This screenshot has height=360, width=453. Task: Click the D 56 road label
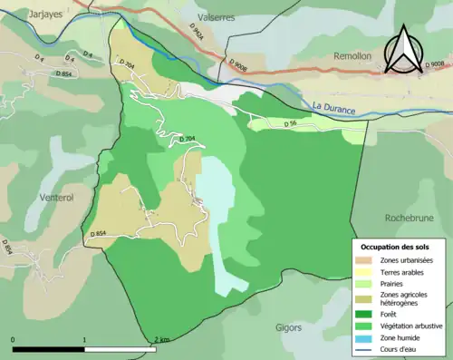[x=291, y=123]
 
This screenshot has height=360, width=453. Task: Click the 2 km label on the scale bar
[x=162, y=339]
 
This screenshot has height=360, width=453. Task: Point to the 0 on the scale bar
[x=13, y=339]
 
